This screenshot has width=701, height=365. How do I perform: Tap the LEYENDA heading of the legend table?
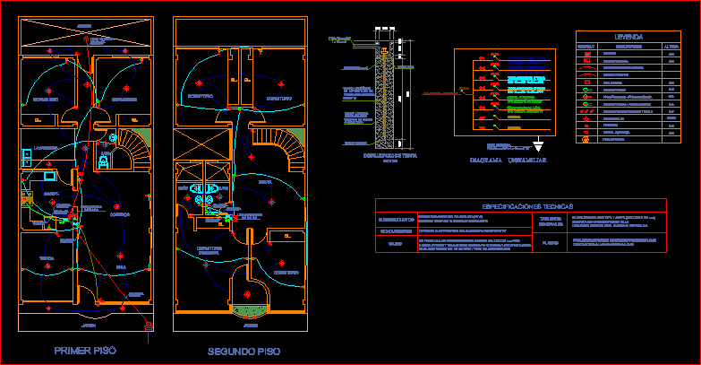pyautogui.click(x=628, y=37)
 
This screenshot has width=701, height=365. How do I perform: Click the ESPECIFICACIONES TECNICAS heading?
pyautogui.click(x=520, y=206)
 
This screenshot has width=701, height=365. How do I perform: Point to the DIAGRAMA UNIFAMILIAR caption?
pyautogui.click(x=500, y=161)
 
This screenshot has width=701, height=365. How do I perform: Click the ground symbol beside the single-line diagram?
pyautogui.click(x=537, y=143)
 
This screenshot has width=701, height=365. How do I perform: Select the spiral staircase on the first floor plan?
pyautogui.click(x=135, y=147)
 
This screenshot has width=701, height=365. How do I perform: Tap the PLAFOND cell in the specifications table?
pyautogui.click(x=550, y=242)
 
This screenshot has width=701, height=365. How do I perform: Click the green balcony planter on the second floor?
pyautogui.click(x=248, y=311)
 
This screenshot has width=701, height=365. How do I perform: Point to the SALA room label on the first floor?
pyautogui.click(x=120, y=266)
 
